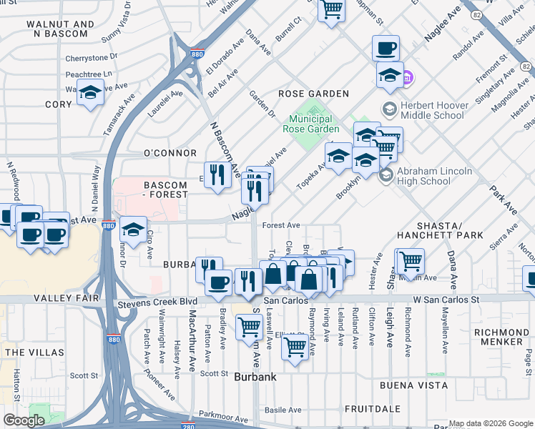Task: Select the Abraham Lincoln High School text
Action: click(435, 176)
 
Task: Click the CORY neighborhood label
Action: click(59, 104)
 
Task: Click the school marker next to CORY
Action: click(91, 93)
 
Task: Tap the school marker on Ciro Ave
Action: click(133, 230)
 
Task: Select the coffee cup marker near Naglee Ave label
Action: click(386, 49)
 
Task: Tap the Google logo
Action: click(24, 420)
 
